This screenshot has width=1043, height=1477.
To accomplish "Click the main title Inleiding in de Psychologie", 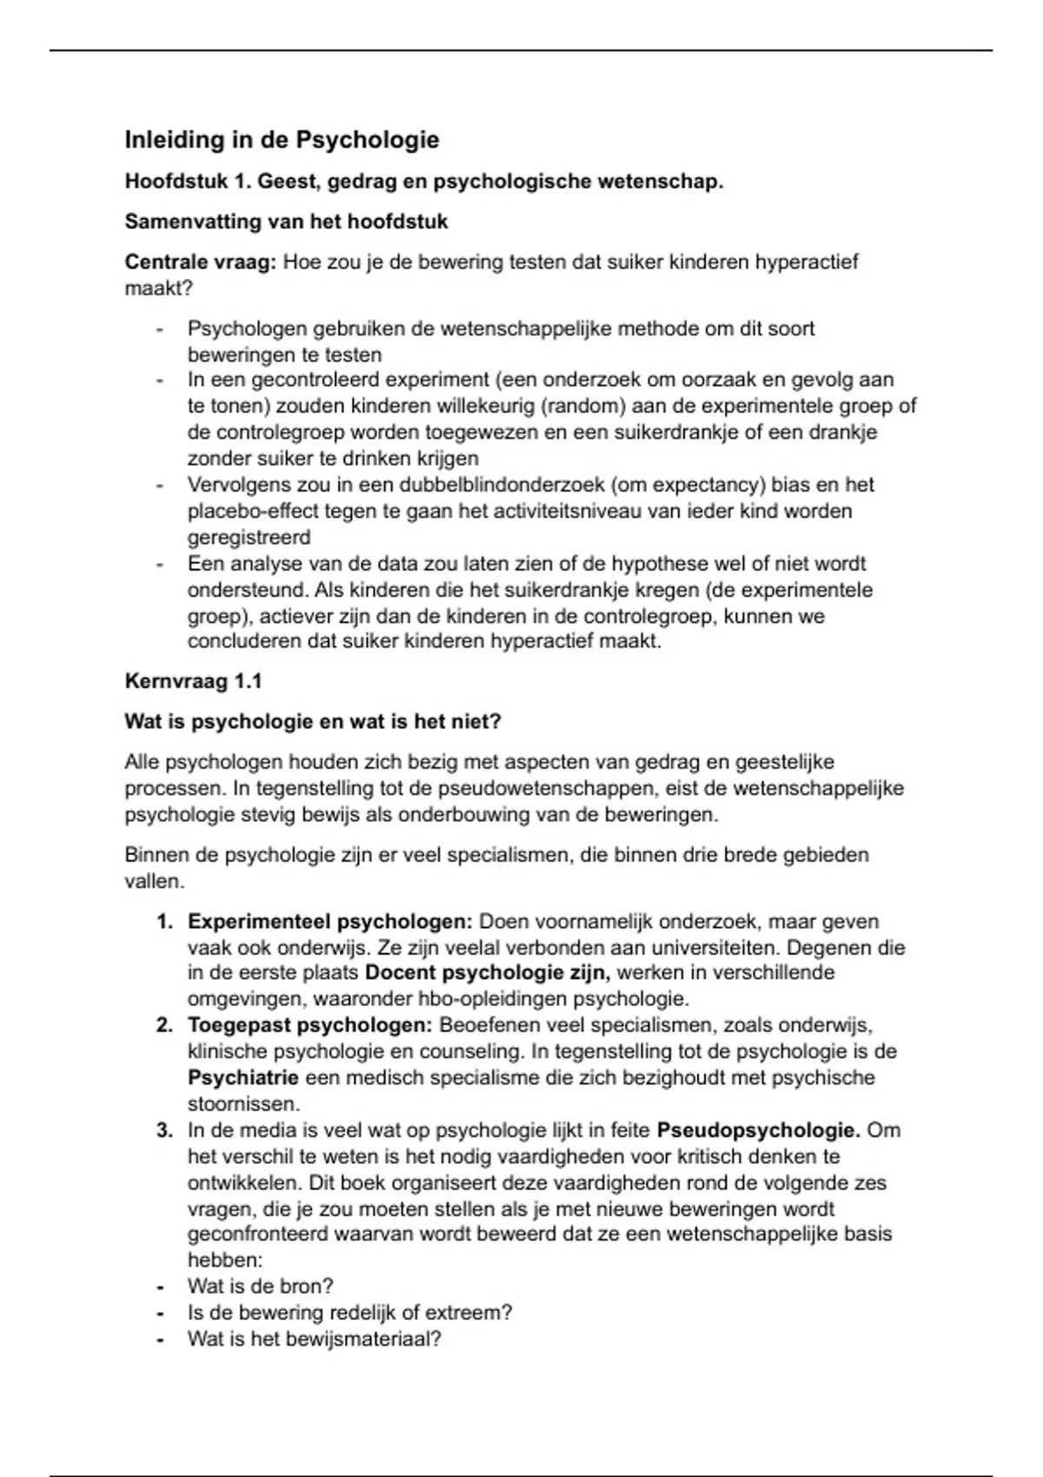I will point(282,140).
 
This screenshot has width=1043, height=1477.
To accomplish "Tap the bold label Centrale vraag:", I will point(200,262).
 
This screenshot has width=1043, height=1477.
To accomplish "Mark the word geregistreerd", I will point(249,538).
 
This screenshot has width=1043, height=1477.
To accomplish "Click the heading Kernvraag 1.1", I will point(193,681).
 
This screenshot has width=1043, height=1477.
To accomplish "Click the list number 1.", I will point(164,922).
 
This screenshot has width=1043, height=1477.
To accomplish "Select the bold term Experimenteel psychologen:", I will point(329,922).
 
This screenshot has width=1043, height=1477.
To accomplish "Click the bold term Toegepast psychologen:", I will point(309,1025).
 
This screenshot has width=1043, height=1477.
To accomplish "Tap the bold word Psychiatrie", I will point(242,1078).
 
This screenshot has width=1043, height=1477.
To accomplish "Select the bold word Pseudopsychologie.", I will point(758,1131).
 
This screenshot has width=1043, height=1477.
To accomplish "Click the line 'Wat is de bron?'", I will point(260,1287).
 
